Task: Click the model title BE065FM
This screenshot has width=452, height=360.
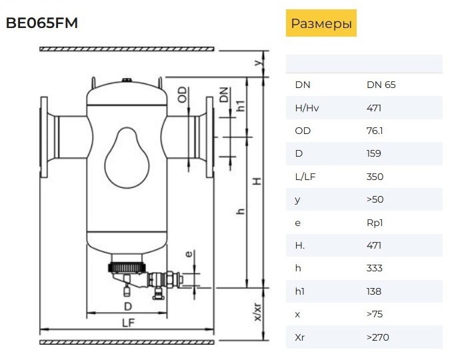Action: (x=42, y=23)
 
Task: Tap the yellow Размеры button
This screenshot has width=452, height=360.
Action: (x=321, y=23)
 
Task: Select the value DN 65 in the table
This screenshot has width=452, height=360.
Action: (x=381, y=85)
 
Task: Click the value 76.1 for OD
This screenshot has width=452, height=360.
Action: (x=375, y=131)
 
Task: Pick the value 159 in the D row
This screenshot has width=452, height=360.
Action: (x=374, y=153)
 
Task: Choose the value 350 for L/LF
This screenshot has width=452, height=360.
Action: (x=375, y=177)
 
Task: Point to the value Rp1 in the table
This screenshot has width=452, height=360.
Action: (x=375, y=223)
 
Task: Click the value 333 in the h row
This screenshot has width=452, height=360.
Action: (x=375, y=268)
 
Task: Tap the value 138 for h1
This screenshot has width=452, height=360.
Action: (x=374, y=291)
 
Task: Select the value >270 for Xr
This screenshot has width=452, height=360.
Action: (x=377, y=337)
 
